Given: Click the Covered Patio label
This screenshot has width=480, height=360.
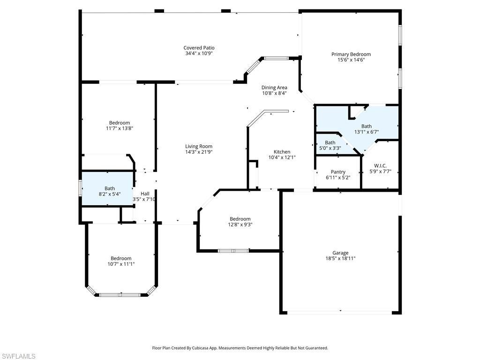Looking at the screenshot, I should (199, 48).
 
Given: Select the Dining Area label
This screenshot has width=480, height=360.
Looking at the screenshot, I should (274, 87).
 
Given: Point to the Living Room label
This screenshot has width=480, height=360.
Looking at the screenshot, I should (199, 146).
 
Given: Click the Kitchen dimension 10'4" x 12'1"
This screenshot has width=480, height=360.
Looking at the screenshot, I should (282, 158).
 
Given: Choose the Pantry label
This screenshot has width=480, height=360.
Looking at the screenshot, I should (338, 172).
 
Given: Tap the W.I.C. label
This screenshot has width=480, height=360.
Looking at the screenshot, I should (380, 165).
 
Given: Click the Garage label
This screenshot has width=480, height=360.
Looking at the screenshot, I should (340, 253).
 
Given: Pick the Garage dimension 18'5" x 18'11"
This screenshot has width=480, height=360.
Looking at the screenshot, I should (340, 258).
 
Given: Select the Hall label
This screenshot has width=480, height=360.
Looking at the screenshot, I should (145, 194).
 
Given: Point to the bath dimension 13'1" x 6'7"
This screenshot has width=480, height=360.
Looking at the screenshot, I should (366, 132).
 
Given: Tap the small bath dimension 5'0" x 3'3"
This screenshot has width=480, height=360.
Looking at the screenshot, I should (330, 149).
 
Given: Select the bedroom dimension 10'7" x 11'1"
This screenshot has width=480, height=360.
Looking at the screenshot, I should (121, 264).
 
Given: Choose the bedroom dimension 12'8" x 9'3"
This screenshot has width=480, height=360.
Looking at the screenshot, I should (240, 225).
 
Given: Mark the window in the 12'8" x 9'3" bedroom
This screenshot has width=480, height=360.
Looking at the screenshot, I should (233, 251).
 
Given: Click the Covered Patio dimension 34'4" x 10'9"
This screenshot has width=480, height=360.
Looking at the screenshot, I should (199, 53).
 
